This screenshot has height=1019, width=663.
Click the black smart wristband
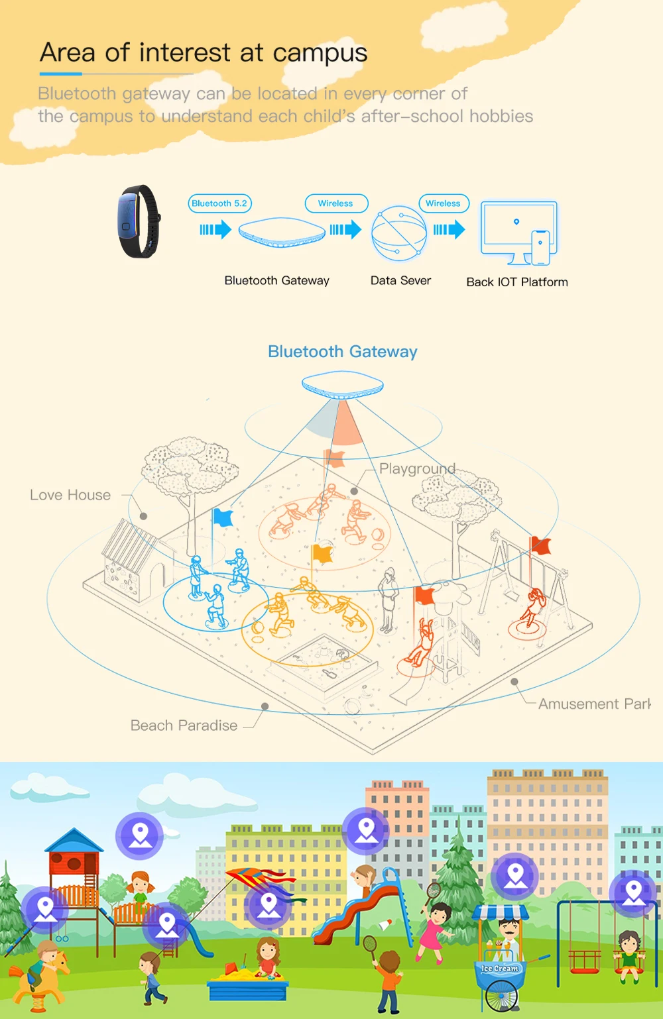pyautogui.click(x=139, y=221)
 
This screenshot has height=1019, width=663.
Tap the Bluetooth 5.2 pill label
pyautogui.click(x=219, y=203)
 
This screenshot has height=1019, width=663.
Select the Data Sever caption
pyautogui.click(x=400, y=280)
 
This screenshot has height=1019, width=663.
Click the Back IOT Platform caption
pyautogui.click(x=517, y=282)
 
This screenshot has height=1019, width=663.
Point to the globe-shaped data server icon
pyautogui.click(x=398, y=233)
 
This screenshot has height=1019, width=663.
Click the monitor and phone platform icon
pyautogui.click(x=519, y=233)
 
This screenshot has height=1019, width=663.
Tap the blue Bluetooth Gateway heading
pyautogui.click(x=342, y=352)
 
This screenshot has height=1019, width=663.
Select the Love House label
pyautogui.click(x=70, y=495)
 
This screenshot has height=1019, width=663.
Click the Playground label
pyautogui.click(x=417, y=468)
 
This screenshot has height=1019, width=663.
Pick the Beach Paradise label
pyautogui.click(x=184, y=725)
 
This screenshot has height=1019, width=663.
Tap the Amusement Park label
pyautogui.click(x=594, y=704)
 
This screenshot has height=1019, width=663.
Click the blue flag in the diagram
pyautogui.click(x=223, y=517)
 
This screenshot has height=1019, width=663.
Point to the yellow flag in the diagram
pyautogui.click(x=322, y=553)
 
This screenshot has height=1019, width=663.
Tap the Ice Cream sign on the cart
pyautogui.click(x=500, y=968)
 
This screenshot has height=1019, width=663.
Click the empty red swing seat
pyautogui.click(x=584, y=959)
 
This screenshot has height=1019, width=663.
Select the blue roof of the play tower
pyautogui.click(x=74, y=840)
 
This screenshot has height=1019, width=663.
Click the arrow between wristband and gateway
pyautogui.click(x=215, y=230)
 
